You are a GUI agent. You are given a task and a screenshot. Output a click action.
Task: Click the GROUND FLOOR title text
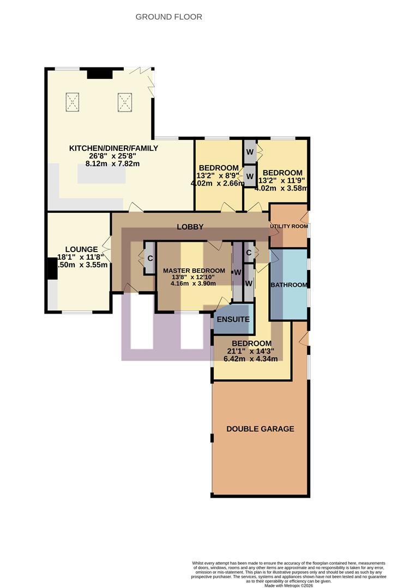(x=168, y=17)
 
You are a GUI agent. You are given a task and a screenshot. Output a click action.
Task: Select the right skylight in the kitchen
(x=124, y=102)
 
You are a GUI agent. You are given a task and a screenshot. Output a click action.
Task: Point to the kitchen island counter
(x=101, y=175)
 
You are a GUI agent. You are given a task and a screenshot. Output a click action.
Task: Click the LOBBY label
(x=190, y=226)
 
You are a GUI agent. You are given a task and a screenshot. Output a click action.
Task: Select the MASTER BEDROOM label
(x=194, y=271)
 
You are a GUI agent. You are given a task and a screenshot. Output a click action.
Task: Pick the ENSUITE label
(x=234, y=320)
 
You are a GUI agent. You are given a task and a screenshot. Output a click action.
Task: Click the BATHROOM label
(x=289, y=285)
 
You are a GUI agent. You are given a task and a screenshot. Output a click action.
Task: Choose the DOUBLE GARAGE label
(x=260, y=429)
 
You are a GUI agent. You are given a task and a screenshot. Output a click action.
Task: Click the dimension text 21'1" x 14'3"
(x=251, y=351)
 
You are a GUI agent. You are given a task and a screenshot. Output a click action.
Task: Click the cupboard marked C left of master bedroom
(x=149, y=258)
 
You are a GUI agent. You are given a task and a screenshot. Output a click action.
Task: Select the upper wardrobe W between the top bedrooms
(x=249, y=152)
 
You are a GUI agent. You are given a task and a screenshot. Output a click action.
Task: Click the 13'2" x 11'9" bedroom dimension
(x=281, y=181)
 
